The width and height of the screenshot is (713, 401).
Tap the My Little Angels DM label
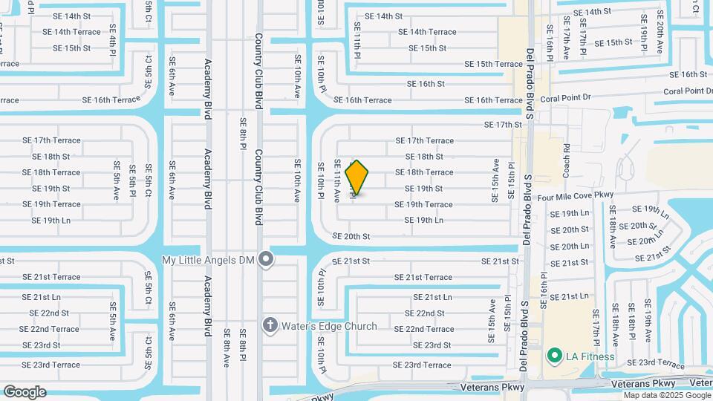pyautogui.click(x=209, y=259)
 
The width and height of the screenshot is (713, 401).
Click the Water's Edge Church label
pyautogui.click(x=329, y=326)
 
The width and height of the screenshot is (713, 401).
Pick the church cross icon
pyautogui.click(x=270, y=326)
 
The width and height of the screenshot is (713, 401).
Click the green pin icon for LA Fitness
pyautogui.click(x=553, y=356)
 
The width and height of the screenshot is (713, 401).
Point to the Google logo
pyautogui.click(x=25, y=391)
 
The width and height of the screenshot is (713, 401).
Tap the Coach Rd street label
pyautogui.click(x=566, y=160)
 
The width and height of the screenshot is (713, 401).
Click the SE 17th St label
pyautogui.click(x=503, y=125)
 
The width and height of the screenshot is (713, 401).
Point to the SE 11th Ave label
pyautogui.click(x=336, y=181)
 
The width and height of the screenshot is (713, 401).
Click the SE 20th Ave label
pyautogui.click(x=660, y=36)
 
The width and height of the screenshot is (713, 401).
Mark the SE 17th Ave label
pyautogui.click(x=566, y=43)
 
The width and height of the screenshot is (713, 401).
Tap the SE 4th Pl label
pyautogui.click(x=113, y=41)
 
